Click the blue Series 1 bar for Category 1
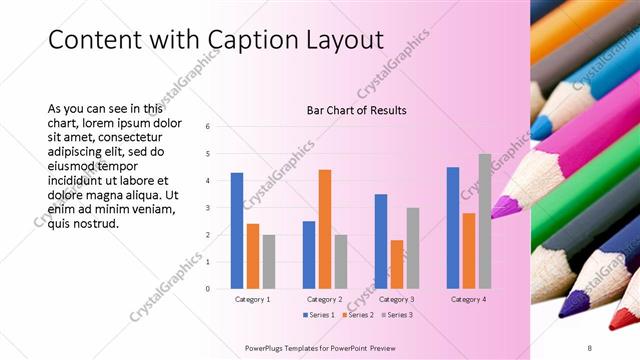pos(237,231)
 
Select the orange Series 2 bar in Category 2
pos(324,229)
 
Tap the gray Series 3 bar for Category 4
pos(484,221)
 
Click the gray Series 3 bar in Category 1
pos(269,262)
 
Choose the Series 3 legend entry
pos(397,315)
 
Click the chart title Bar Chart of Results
pos(356,110)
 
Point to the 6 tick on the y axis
pos(207,127)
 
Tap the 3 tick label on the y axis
pos(207,208)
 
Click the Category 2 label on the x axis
pos(324,299)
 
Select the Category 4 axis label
pos(468,299)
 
